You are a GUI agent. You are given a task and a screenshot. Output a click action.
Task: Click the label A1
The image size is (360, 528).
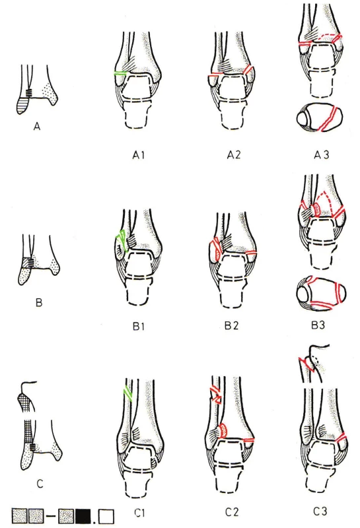tap(138, 155)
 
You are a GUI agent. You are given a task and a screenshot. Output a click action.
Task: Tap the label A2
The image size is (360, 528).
tap(234, 155)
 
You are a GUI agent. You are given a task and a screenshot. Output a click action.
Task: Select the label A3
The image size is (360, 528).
tap(321, 155)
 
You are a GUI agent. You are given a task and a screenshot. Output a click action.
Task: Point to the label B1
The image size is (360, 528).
tap(139, 326)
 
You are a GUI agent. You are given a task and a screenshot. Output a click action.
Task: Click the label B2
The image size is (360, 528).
tap(232, 326)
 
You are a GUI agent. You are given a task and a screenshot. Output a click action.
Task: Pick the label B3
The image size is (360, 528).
tap(318, 325)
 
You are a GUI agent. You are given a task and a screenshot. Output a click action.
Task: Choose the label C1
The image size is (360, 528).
tap(139, 513)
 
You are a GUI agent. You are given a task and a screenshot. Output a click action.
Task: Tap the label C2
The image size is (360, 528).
tap(233, 512)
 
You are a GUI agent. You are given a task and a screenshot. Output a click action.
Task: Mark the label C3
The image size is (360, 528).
tap(320, 511)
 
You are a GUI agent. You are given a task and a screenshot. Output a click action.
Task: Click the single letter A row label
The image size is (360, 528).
tap(37, 127)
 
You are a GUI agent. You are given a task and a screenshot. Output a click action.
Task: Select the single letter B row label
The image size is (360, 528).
tap(39, 302)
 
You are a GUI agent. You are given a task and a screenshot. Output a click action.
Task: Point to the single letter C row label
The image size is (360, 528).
tap(40, 484)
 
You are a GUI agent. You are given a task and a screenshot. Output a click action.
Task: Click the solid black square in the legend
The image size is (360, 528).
tap(83, 515)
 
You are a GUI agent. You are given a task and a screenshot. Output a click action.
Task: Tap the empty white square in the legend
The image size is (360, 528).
tap(107, 516)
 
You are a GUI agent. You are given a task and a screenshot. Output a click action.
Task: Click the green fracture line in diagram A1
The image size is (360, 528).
tap(121, 73)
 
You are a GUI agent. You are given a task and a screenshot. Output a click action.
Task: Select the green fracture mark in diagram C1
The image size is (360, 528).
tap(128, 393)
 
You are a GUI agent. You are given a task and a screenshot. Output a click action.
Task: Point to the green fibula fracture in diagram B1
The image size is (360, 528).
tap(122, 240)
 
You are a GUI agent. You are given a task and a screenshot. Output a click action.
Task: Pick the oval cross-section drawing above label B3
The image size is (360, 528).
tap(321, 293)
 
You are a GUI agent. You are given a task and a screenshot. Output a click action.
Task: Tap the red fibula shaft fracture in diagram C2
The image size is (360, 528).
tap(215, 395)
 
